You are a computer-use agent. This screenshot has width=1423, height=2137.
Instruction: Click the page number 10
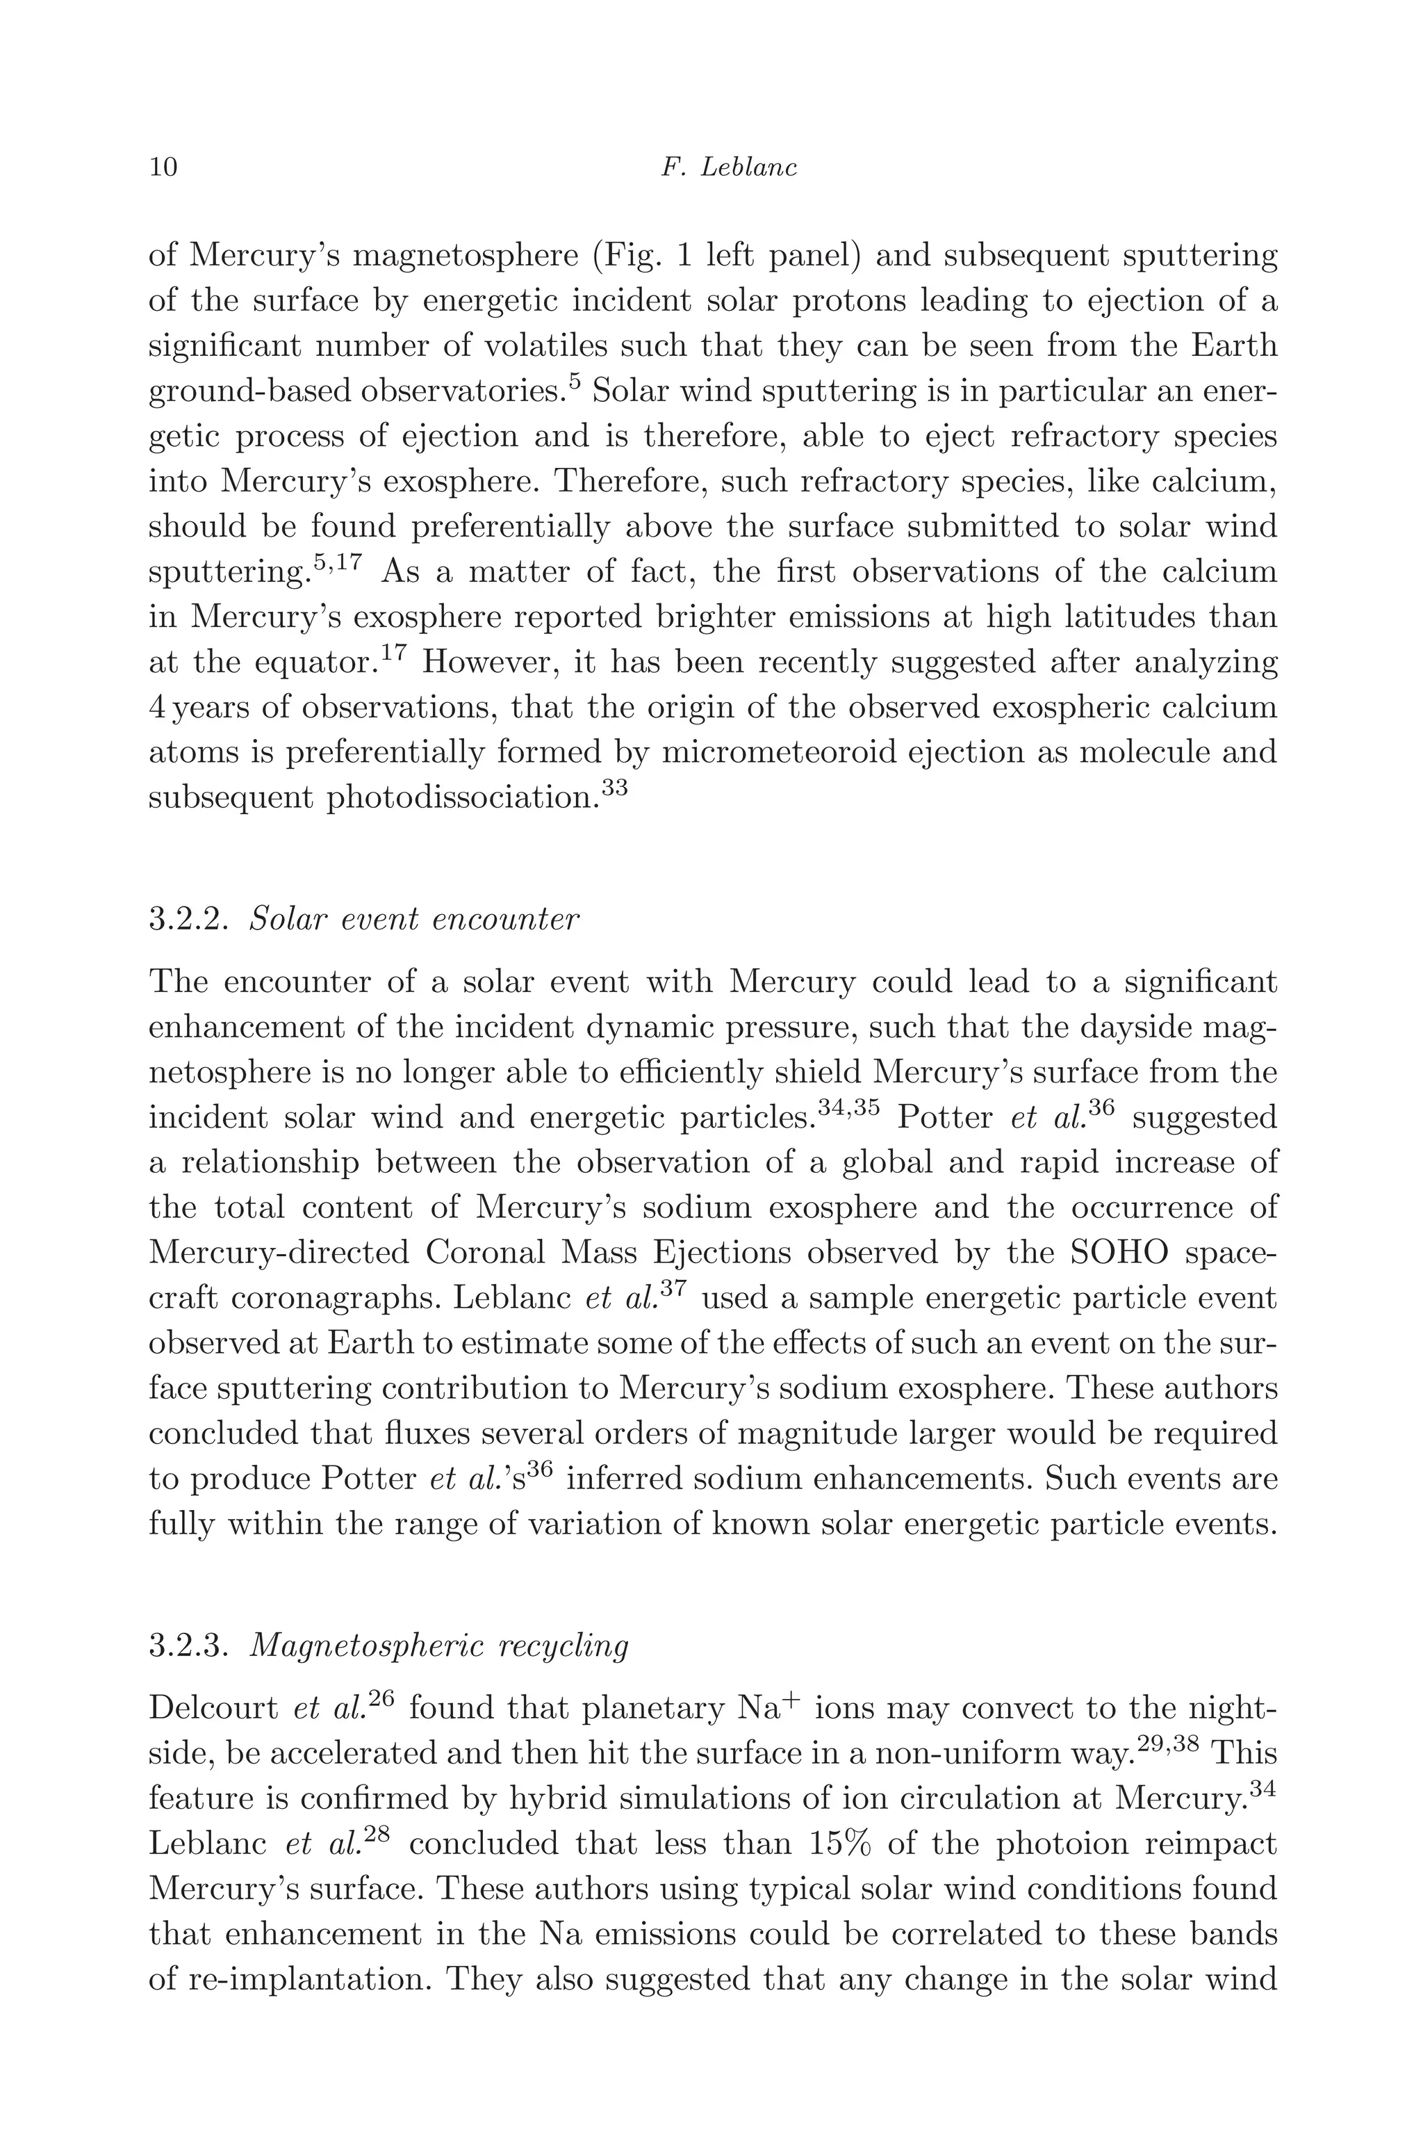coord(163,167)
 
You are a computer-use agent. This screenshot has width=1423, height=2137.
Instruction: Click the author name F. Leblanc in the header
coord(729,167)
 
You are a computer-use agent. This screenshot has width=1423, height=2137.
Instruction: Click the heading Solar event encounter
coord(414,920)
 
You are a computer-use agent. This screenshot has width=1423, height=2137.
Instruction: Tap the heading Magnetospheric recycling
coord(438,1645)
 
